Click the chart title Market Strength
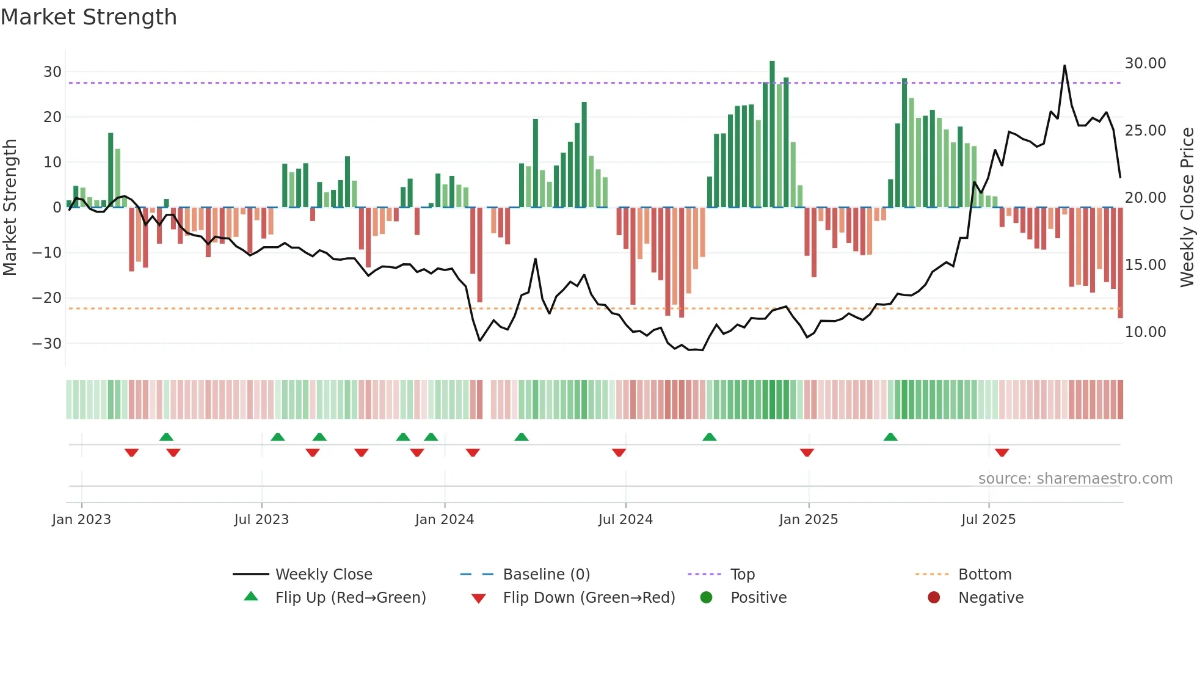[89, 17]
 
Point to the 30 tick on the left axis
[53, 72]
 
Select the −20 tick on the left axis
[47, 298]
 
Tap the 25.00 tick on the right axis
[1145, 131]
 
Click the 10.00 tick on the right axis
[1145, 332]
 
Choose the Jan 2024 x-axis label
[444, 520]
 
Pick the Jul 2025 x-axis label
[988, 520]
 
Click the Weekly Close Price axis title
[1187, 208]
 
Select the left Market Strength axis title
[10, 208]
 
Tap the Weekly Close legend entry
[323, 575]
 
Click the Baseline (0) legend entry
[546, 575]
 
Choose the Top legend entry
[742, 575]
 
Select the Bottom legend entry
[984, 575]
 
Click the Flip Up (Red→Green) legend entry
[350, 598]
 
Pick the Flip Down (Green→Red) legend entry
[589, 598]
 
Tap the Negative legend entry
[990, 598]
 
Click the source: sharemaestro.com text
[1075, 479]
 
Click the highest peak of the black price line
[1064, 66]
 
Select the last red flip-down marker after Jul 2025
[1002, 453]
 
